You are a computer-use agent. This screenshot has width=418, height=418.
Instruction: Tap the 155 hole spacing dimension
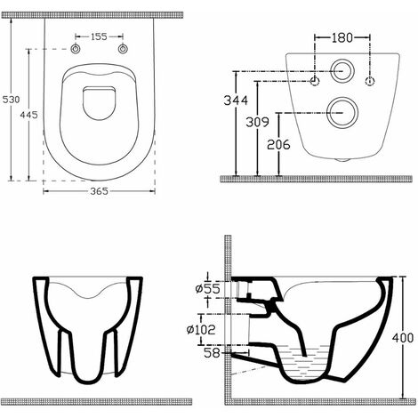98,37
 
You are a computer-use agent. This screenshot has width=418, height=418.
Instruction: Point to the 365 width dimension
98,194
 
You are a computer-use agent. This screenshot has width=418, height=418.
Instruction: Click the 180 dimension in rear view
342,37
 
